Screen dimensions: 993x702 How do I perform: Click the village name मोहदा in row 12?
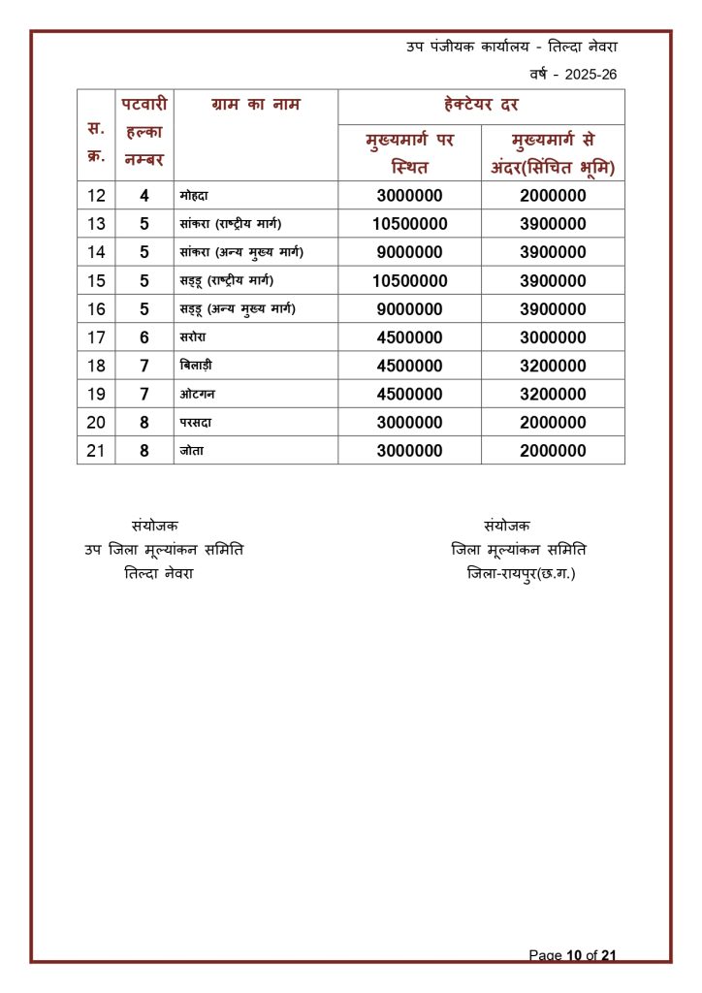195,196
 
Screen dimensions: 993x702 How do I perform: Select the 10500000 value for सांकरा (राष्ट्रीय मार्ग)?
409,224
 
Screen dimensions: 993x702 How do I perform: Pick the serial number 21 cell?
96,451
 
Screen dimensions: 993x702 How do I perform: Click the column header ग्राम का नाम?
255,105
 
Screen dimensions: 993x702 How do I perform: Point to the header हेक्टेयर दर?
480,105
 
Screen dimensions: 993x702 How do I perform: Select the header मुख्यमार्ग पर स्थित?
409,153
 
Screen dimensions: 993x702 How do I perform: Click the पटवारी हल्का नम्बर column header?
144,131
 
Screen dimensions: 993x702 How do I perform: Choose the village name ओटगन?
198,395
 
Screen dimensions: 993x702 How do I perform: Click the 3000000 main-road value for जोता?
409,451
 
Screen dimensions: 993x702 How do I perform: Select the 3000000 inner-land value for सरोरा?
553,337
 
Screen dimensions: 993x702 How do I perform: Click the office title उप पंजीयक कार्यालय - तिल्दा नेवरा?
512,47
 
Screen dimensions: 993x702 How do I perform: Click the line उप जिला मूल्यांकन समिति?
164,550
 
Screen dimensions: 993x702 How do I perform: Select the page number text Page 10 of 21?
572,955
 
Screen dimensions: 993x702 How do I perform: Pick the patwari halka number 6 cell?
144,337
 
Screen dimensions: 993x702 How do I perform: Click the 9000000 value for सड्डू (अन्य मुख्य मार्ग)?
409,309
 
